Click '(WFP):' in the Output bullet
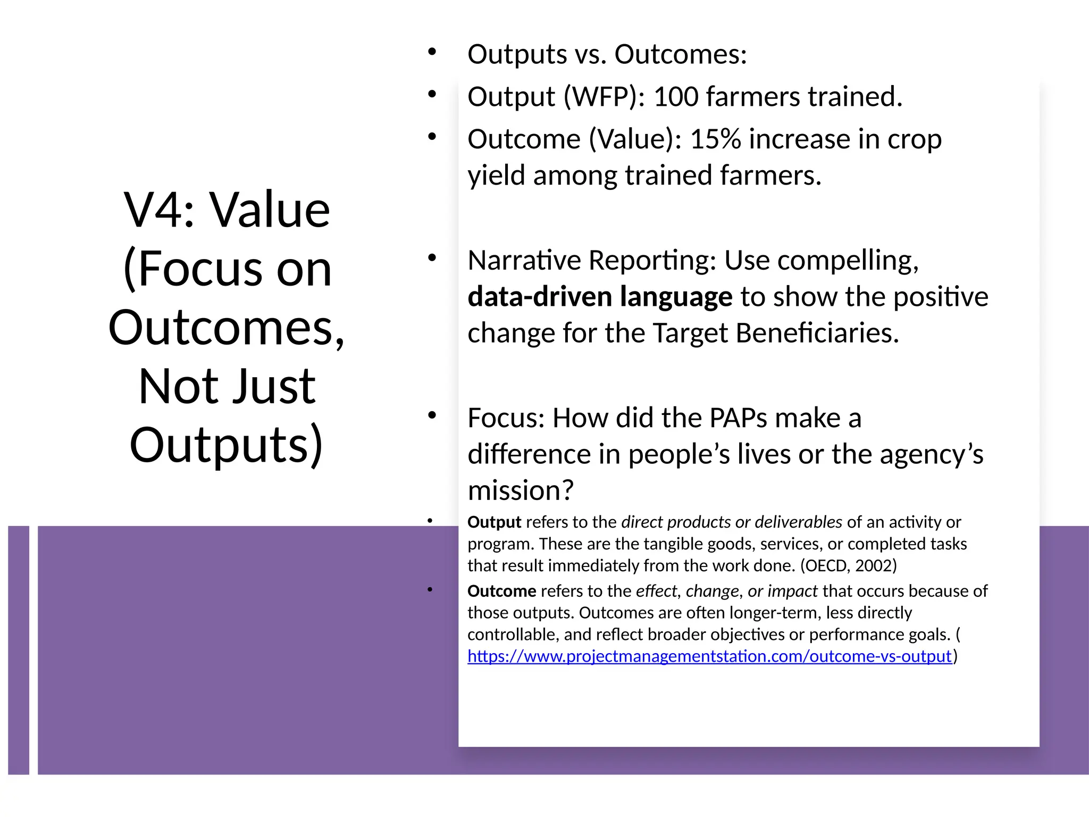604,97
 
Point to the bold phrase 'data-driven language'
599,297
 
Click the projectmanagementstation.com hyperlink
709,656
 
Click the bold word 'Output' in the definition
494,522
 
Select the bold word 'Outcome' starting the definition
501,591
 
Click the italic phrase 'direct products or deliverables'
731,522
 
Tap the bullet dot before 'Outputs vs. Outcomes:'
432,52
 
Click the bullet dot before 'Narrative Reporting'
432,259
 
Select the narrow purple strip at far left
19,650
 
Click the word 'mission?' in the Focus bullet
521,490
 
